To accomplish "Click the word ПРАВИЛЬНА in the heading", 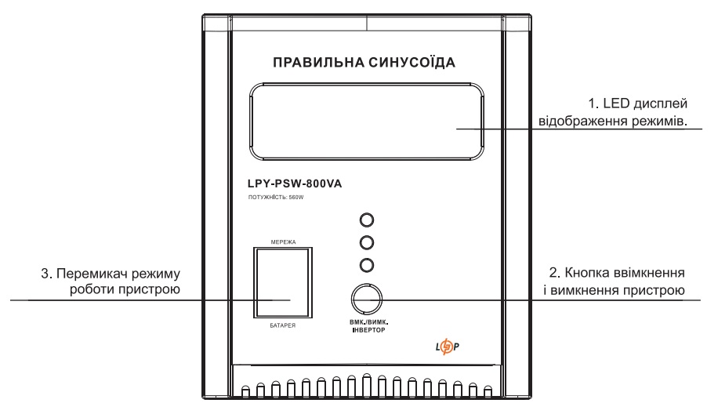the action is point(319,62).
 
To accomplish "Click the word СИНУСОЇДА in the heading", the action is point(412,62).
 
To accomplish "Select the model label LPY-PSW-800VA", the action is point(295,183).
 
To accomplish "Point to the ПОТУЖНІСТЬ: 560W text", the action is point(276,198).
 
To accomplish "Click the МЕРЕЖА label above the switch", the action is point(283,241).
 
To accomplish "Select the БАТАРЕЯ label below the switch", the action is point(282,325).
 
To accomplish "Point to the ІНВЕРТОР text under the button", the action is point(368,330).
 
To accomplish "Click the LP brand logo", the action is point(447,347).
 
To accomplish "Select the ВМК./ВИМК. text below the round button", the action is point(368,322).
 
